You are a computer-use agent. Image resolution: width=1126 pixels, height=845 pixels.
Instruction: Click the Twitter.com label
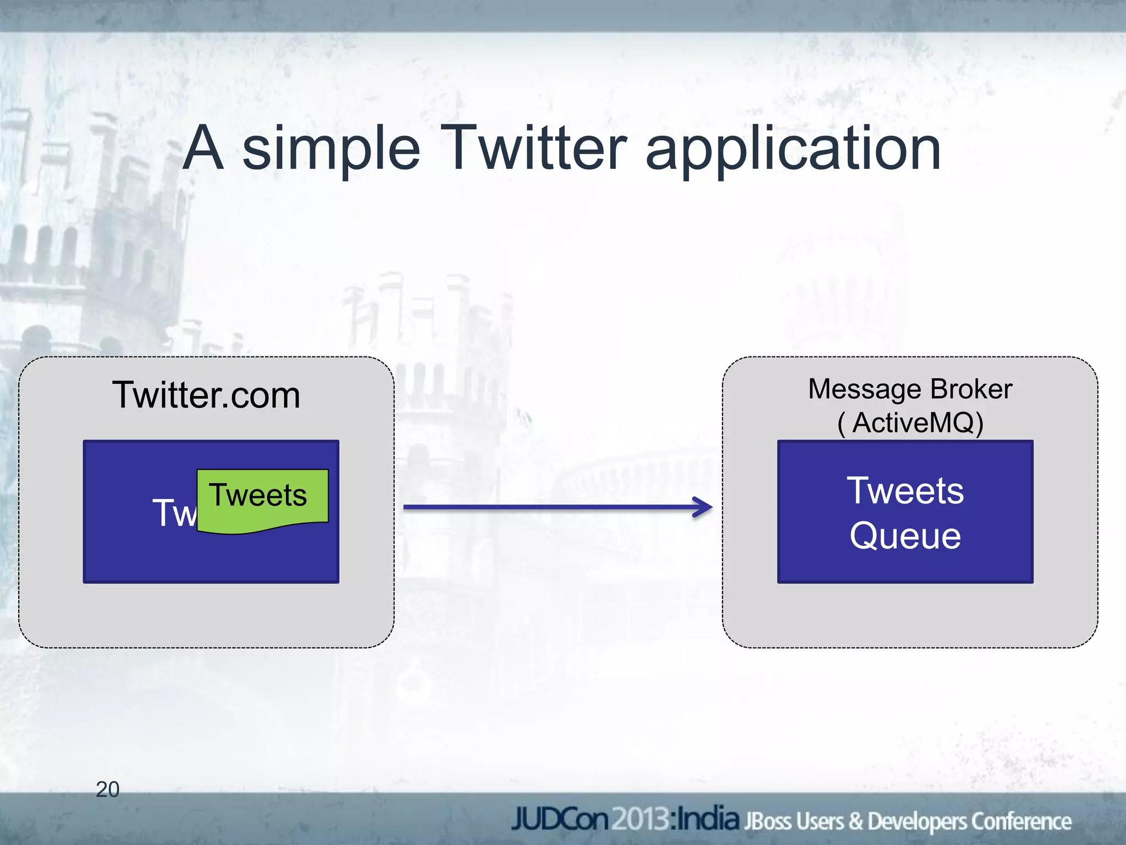[x=206, y=395]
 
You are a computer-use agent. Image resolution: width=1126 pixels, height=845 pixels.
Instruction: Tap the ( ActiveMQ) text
[x=910, y=423]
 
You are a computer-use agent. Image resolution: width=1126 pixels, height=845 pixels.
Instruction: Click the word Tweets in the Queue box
[x=905, y=491]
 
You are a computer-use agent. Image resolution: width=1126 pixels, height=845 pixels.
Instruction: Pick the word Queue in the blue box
[x=905, y=535]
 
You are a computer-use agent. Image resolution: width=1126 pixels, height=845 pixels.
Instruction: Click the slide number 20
[x=107, y=789]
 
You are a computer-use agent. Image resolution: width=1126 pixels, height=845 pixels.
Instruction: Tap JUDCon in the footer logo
[x=560, y=819]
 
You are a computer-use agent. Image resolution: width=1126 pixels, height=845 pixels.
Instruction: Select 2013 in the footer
[x=641, y=819]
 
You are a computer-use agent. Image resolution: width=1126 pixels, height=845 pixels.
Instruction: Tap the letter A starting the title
[x=203, y=147]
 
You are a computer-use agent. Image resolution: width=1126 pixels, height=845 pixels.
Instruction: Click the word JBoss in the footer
[x=766, y=821]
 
